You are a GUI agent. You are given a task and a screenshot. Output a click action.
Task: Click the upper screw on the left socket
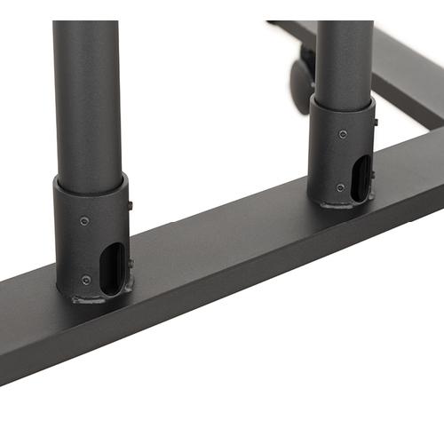(x=83, y=220)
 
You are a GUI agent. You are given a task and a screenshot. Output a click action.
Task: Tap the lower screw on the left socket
(x=86, y=280)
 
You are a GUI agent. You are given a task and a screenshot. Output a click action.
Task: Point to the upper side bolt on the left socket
(x=130, y=206)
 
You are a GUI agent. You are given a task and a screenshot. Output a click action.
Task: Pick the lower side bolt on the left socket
(x=131, y=264)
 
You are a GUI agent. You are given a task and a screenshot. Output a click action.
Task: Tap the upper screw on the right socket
(x=343, y=134)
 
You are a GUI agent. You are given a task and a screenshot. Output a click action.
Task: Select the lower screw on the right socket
(x=341, y=187)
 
